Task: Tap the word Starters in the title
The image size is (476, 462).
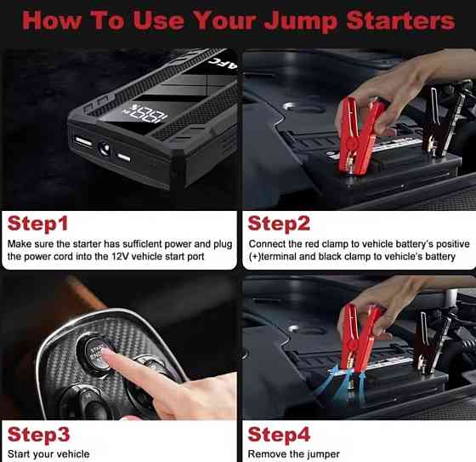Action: click(x=400, y=20)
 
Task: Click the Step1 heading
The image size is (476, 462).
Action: click(x=37, y=224)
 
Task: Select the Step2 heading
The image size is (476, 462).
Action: click(x=279, y=224)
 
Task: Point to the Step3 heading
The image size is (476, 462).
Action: click(x=38, y=434)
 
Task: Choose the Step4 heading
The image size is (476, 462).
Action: click(x=279, y=434)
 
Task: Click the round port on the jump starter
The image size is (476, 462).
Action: click(x=104, y=149)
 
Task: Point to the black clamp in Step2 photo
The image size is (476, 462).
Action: click(x=442, y=122)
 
